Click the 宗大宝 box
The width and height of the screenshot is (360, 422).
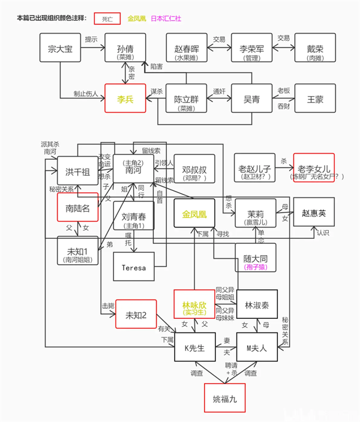[60, 50]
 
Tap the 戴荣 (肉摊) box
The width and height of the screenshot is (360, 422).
[315, 50]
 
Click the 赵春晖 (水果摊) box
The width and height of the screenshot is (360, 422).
[186, 50]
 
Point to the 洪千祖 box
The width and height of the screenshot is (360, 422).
[77, 170]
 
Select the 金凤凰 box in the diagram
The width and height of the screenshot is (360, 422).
[194, 213]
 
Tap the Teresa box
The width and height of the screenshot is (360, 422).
[133, 268]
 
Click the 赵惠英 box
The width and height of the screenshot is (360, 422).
[313, 214]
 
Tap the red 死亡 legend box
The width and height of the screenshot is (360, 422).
[107, 19]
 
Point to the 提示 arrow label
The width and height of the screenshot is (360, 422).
[92, 39]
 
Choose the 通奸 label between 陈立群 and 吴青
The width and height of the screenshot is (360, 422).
[219, 91]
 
